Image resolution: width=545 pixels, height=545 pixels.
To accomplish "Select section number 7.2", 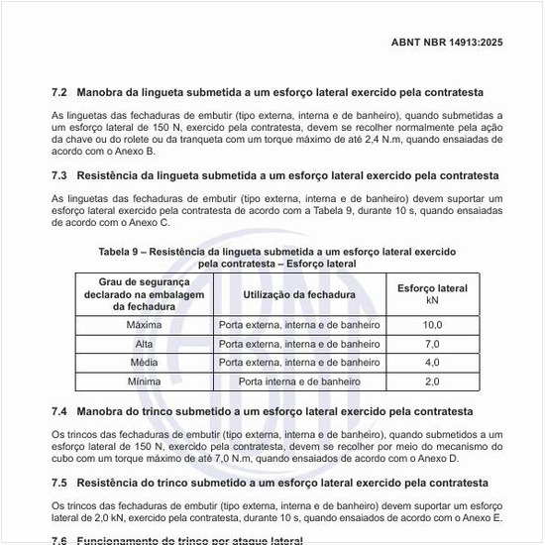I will pyautogui.click(x=59, y=92).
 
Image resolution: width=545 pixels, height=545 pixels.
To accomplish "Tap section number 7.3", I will pyautogui.click(x=59, y=175).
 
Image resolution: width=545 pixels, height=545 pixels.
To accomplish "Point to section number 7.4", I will pyautogui.click(x=59, y=410).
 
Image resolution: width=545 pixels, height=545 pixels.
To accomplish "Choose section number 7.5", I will pyautogui.click(x=59, y=483).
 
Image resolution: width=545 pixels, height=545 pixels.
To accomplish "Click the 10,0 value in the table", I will pyautogui.click(x=432, y=325).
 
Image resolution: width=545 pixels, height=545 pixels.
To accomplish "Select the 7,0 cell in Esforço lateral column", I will pyautogui.click(x=432, y=344).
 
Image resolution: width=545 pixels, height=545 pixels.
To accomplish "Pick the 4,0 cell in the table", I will pyautogui.click(x=432, y=363).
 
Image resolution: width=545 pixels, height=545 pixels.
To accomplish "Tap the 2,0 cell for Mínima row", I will pyautogui.click(x=432, y=381).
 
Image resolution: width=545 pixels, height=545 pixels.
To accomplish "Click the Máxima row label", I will pyautogui.click(x=145, y=325).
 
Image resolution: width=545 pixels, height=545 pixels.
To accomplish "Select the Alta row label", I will pyautogui.click(x=145, y=344).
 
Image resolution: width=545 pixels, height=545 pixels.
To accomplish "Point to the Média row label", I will pyautogui.click(x=145, y=363).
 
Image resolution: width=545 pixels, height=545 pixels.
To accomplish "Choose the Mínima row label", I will pyautogui.click(x=145, y=381).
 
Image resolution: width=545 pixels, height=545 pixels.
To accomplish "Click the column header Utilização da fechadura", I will pyautogui.click(x=299, y=294).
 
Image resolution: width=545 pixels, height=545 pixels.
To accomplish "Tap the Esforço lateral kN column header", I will pyautogui.click(x=432, y=294).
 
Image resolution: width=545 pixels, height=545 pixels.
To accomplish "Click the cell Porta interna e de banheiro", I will pyautogui.click(x=299, y=381).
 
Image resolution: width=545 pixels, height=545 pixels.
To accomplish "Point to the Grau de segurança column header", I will pyautogui.click(x=145, y=294).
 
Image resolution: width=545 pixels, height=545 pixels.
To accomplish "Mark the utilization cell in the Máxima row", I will pyautogui.click(x=299, y=325).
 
